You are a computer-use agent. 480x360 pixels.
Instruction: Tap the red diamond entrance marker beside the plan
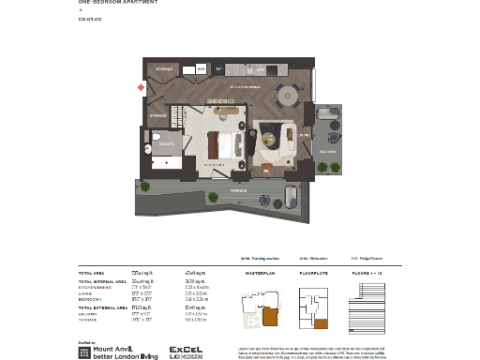[141, 87]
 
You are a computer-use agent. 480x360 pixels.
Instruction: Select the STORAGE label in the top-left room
[164, 68]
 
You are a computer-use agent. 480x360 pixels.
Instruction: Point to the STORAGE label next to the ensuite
[157, 115]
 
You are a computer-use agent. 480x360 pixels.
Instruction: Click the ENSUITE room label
[166, 145]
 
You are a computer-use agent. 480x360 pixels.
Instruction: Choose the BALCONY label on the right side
[328, 150]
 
